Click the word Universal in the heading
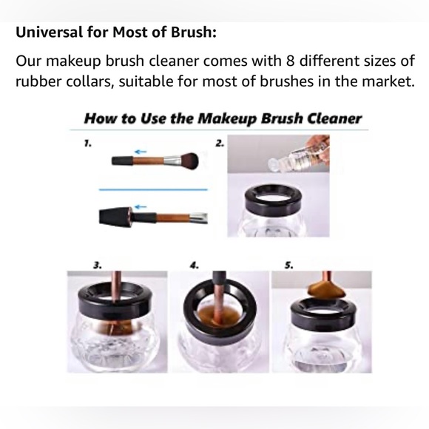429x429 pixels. pyautogui.click(x=50, y=33)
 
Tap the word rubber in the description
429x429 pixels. pyautogui.click(x=38, y=81)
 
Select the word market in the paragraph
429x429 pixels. pyautogui.click(x=382, y=81)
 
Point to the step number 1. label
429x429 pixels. pyautogui.click(x=87, y=143)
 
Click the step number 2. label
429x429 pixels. pyautogui.click(x=220, y=143)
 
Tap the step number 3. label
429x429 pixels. pyautogui.click(x=97, y=264)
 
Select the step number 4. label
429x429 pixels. pyautogui.click(x=195, y=264)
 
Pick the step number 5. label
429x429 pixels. pyautogui.click(x=289, y=264)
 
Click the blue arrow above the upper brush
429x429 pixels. pyautogui.click(x=140, y=149)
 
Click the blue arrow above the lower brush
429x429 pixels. pyautogui.click(x=140, y=207)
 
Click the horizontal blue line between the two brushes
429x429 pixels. pyautogui.click(x=153, y=189)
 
